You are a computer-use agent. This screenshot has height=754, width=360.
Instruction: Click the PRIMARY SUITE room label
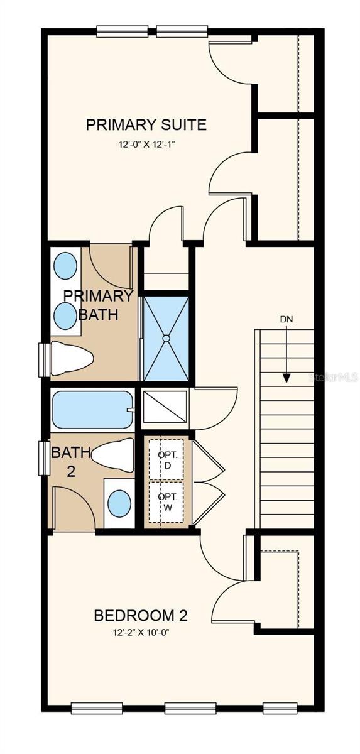click(x=146, y=124)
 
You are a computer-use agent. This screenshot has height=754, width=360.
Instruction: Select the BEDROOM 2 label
click(x=141, y=615)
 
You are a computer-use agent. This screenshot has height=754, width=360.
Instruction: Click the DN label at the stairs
click(x=286, y=319)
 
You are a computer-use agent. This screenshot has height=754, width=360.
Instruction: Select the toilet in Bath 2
click(x=113, y=454)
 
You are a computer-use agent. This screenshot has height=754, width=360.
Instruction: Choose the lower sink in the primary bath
click(x=65, y=315)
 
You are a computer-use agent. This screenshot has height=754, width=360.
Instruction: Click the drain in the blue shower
click(x=166, y=338)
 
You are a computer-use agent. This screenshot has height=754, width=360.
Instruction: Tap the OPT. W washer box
click(x=166, y=502)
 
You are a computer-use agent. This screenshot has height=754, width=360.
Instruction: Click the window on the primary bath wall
click(x=44, y=361)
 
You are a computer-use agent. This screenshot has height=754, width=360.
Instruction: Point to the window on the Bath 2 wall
click(x=44, y=458)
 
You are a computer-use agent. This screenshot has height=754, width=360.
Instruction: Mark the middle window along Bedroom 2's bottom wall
click(x=182, y=708)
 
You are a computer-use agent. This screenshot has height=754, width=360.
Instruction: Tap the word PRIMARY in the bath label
click(x=98, y=296)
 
